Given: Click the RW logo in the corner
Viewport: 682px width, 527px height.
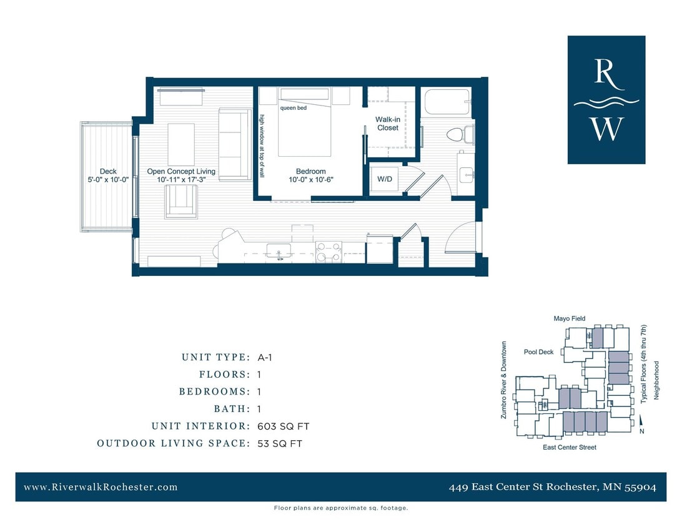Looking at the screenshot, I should (x=606, y=100).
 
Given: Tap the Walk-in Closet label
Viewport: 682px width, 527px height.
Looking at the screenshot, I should (x=387, y=124).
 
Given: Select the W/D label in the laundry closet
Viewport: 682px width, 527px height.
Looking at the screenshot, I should (x=384, y=179).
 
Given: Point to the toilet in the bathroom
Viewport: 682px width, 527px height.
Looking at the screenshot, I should (x=461, y=134).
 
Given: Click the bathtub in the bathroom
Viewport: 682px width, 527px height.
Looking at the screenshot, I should (x=446, y=102).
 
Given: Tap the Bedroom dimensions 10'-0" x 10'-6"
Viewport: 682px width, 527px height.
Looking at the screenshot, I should (x=310, y=180).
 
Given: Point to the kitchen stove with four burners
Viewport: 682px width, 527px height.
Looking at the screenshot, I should (x=328, y=252).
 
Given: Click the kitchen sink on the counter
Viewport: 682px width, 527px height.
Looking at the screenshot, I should (x=278, y=251).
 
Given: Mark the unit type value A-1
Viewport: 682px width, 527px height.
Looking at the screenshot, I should (x=265, y=358).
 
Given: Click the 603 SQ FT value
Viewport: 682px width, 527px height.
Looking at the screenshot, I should (x=283, y=426).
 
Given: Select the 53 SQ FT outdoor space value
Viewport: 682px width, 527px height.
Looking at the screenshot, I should (x=280, y=444).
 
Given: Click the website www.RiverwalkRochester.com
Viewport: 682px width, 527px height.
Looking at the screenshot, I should (x=101, y=487).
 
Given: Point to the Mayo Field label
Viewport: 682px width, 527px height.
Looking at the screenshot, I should (x=569, y=318).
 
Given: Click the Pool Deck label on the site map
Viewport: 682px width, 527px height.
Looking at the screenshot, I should (x=538, y=352).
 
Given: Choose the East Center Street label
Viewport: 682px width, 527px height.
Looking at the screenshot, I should (x=569, y=447).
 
